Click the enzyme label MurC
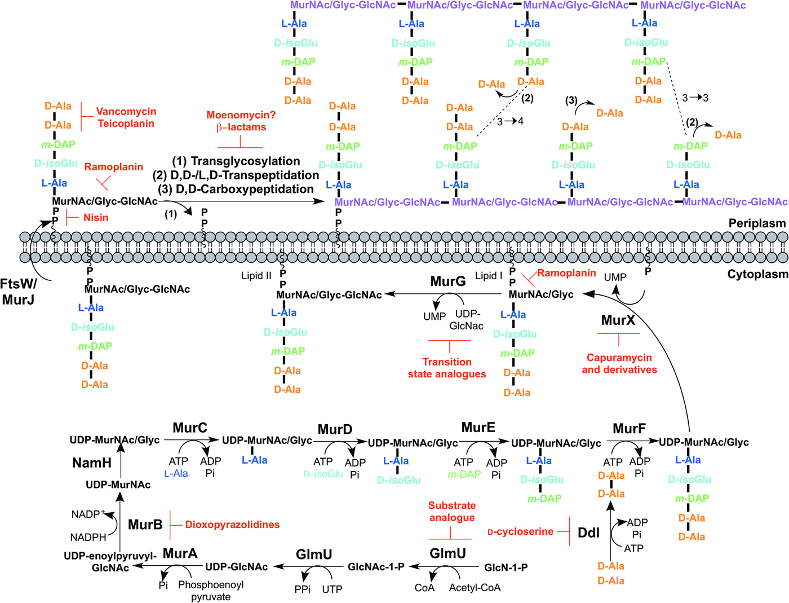point(190,428)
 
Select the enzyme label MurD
point(335,429)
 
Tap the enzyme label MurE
point(478,428)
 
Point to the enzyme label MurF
point(629,429)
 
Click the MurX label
point(618,320)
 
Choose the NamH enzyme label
point(92,463)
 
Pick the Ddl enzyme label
point(589,532)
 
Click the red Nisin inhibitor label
point(96,218)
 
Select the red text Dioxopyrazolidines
point(232,525)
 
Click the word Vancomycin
point(126,112)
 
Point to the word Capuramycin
point(619,358)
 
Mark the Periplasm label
point(757,223)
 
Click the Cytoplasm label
point(757,274)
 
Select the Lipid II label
point(256,276)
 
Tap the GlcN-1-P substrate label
point(506,567)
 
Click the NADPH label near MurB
point(88,538)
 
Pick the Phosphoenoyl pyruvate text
point(211,591)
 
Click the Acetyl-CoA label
point(475,588)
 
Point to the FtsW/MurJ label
point(19,292)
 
